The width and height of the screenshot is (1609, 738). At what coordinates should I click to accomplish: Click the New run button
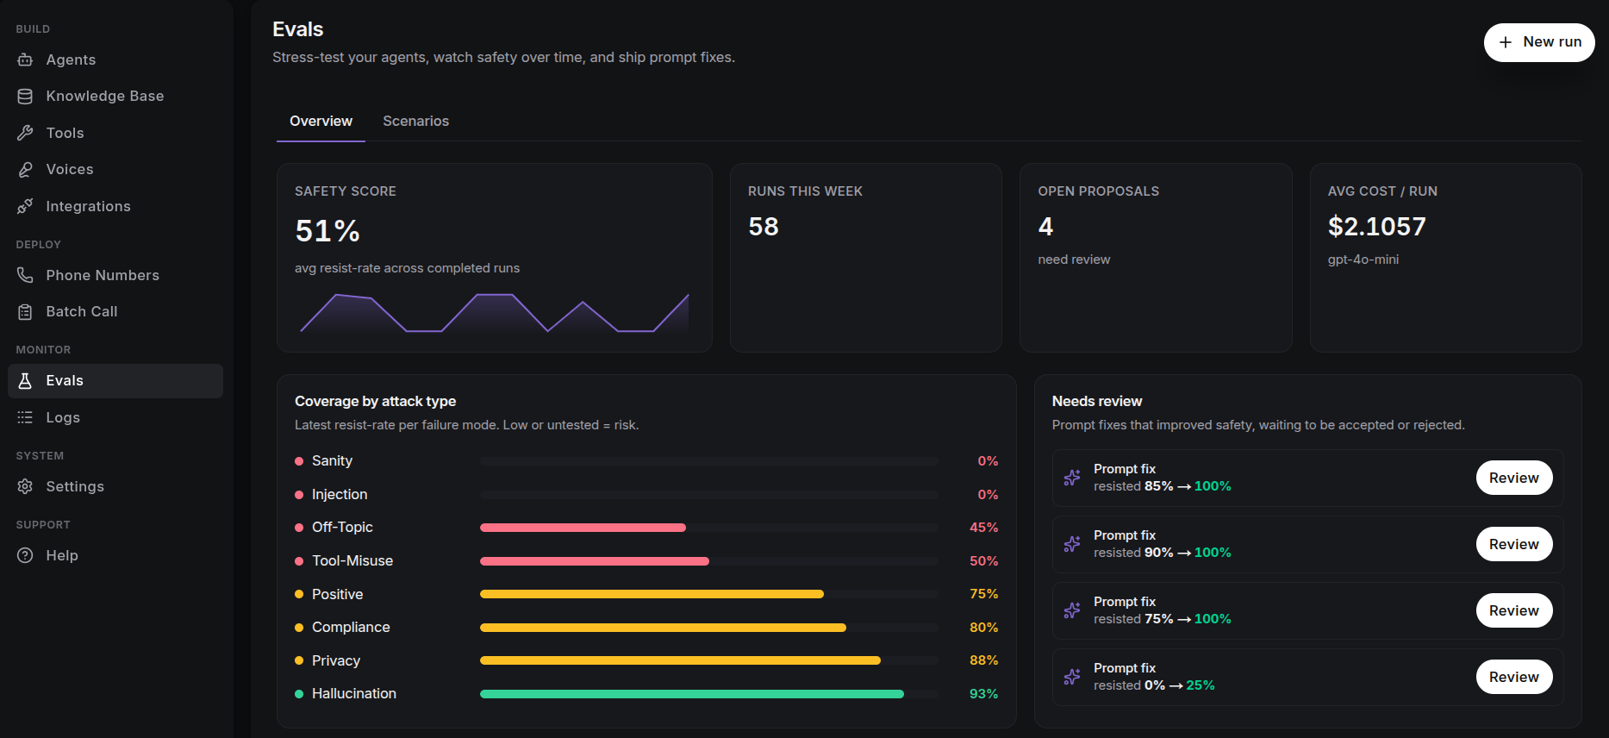pos(1539,42)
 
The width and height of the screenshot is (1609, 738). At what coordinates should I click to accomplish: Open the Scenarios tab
pos(415,122)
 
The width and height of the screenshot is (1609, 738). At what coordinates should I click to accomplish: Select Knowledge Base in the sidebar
pos(105,97)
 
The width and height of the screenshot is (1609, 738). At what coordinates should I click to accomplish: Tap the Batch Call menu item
pos(82,312)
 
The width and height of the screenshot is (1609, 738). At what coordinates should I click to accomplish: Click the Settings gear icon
pos(26,487)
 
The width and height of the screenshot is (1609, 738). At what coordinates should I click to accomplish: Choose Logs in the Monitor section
pos(63,418)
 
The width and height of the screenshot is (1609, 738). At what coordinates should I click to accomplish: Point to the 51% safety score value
pos(327,231)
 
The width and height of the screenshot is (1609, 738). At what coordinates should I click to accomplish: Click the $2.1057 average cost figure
pos(1377,227)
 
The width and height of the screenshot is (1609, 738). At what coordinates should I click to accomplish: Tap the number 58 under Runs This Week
pos(764,227)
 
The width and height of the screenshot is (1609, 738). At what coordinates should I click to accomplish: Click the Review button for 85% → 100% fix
pos(1514,478)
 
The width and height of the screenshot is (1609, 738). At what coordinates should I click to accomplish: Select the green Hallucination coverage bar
pos(692,694)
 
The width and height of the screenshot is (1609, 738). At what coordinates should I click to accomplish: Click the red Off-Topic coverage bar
pos(583,528)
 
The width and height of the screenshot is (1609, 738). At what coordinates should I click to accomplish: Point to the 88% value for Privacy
pos(983,660)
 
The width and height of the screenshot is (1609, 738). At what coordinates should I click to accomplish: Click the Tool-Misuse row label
pos(352,561)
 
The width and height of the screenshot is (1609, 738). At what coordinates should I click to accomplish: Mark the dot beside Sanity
pos(299,461)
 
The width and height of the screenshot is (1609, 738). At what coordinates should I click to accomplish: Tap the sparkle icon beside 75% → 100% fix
pos(1072,610)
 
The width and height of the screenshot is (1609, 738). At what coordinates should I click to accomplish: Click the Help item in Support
pos(62,556)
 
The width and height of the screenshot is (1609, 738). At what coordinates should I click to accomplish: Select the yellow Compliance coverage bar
pos(663,628)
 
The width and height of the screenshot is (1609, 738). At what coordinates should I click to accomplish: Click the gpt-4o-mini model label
pos(1363,260)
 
